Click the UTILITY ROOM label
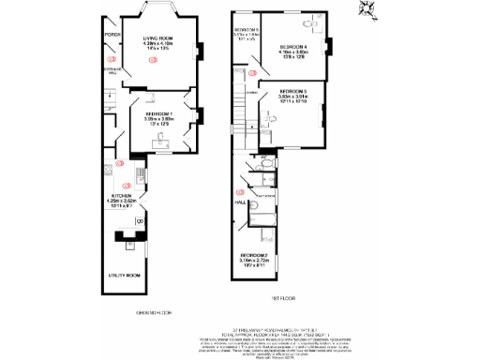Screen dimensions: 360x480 tap(125, 275)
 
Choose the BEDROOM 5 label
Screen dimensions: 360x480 tap(247, 30)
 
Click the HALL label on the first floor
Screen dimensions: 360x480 tap(240, 202)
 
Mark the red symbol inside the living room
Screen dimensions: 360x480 tap(154, 60)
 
